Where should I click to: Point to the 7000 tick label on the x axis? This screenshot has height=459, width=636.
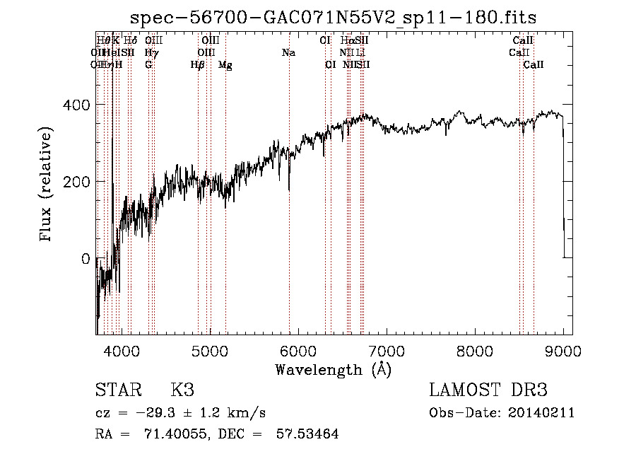click(x=386, y=350)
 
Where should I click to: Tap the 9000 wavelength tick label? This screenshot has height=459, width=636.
click(x=563, y=350)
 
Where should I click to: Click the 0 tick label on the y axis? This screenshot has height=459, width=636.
click(x=86, y=259)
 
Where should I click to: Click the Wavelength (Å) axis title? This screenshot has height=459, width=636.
click(x=333, y=368)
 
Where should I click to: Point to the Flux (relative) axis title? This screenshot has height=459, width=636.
click(x=47, y=185)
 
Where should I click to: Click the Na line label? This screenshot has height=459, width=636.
click(x=288, y=53)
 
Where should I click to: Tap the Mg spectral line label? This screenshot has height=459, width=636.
click(x=225, y=65)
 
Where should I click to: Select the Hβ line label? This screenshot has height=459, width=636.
click(x=197, y=65)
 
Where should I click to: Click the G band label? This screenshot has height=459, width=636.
click(x=148, y=65)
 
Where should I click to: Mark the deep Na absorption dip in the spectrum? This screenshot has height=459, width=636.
click(x=288, y=188)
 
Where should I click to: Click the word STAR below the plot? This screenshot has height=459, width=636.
click(x=117, y=390)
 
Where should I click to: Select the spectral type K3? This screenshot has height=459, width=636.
click(x=182, y=390)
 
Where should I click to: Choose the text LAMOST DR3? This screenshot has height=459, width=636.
click(x=488, y=390)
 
